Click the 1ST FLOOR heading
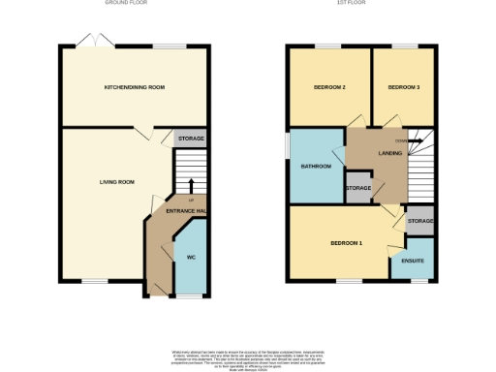pyautogui.click(x=359, y=4)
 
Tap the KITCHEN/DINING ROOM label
pyautogui.click(x=135, y=87)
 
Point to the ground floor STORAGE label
pyautogui.click(x=190, y=139)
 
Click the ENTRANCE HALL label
pyautogui.click(x=187, y=211)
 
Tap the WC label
pyautogui.click(x=191, y=257)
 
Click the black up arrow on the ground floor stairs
pyautogui.click(x=191, y=185)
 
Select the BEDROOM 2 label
pyautogui.click(x=329, y=87)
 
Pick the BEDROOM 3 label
pyautogui.click(x=403, y=87)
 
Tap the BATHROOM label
pyautogui.click(x=316, y=166)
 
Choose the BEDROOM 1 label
pyautogui.click(x=346, y=242)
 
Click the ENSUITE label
pyautogui.click(x=411, y=261)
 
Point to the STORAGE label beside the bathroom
pyautogui.click(x=358, y=187)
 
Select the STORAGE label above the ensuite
pyautogui.click(x=419, y=221)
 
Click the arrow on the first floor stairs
pyautogui.click(x=416, y=141)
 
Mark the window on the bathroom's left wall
pyautogui.click(x=288, y=154)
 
